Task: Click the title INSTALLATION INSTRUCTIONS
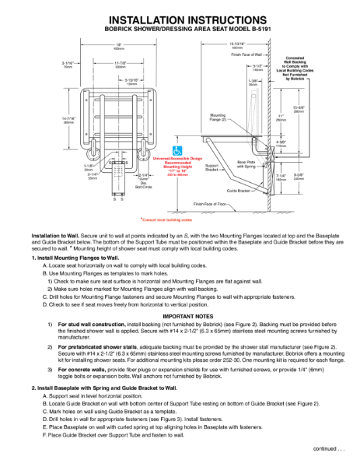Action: (x=180, y=18)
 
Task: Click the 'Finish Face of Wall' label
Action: (x=247, y=55)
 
